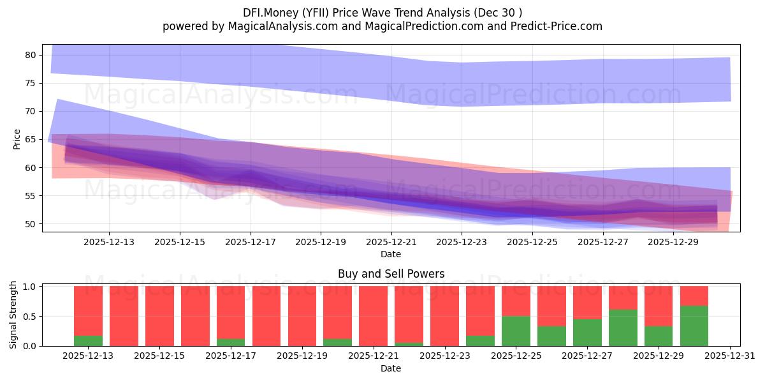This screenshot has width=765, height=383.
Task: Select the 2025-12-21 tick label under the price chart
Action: (x=391, y=242)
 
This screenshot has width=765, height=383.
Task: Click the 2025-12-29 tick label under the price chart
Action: (x=674, y=242)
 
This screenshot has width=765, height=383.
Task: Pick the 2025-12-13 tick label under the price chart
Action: (x=108, y=242)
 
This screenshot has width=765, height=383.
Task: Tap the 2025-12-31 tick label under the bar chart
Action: (x=729, y=356)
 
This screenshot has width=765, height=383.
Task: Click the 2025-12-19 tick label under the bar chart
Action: (x=302, y=356)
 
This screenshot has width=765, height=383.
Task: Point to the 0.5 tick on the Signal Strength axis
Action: (x=31, y=317)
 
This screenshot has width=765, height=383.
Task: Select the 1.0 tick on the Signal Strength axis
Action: (x=31, y=287)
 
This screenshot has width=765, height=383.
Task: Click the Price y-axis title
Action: (x=17, y=139)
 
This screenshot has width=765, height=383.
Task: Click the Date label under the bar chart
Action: (x=391, y=368)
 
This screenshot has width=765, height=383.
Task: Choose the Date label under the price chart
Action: (x=391, y=254)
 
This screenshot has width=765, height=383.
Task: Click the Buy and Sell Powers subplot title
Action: (x=391, y=274)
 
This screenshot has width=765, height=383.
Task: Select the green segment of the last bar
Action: (x=694, y=326)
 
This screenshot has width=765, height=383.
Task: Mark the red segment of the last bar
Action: (x=694, y=296)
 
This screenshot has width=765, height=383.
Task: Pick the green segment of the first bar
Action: (x=88, y=341)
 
